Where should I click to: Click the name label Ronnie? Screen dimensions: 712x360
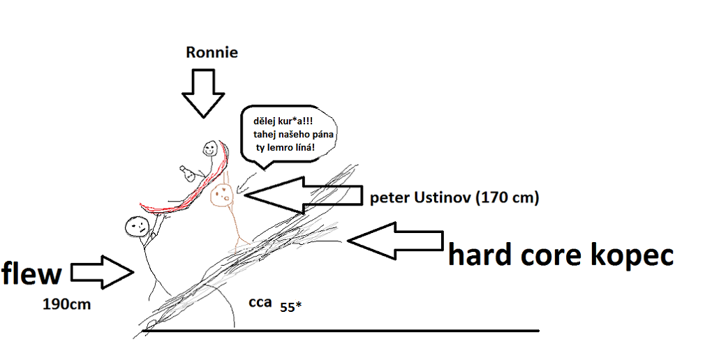click(212, 52)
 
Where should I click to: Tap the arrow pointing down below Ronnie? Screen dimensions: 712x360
click(203, 93)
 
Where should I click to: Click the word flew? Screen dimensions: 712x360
click(32, 273)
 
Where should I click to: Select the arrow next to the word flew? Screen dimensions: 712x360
click(103, 272)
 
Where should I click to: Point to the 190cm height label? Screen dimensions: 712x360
click(67, 303)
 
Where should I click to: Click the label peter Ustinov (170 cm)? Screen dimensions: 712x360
click(454, 198)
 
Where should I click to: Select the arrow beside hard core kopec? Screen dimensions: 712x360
click(395, 241)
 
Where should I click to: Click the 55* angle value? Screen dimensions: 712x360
click(290, 307)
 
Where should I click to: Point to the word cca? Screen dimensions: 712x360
click(260, 302)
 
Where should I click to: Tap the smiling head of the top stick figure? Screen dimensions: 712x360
click(209, 147)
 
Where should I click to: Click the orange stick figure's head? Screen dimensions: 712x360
click(223, 194)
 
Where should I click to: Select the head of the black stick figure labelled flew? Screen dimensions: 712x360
click(137, 225)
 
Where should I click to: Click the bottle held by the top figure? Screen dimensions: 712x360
click(186, 172)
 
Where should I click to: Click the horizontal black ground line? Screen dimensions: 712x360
click(341, 331)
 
